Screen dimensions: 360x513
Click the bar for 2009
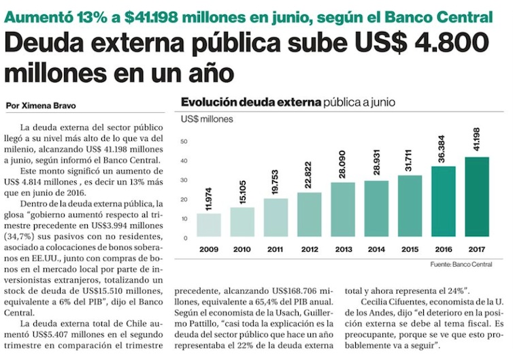point(209,225)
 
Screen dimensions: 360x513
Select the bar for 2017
point(476,197)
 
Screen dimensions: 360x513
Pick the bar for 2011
point(276,217)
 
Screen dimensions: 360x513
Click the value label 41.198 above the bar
point(476,139)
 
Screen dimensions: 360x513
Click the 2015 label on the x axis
point(410,248)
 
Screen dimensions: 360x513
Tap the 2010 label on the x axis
point(242,248)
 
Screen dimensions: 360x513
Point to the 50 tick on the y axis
point(184,141)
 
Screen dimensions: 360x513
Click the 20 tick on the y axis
point(184,199)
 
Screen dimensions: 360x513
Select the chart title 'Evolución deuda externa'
point(250,103)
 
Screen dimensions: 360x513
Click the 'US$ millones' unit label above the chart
point(206,120)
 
